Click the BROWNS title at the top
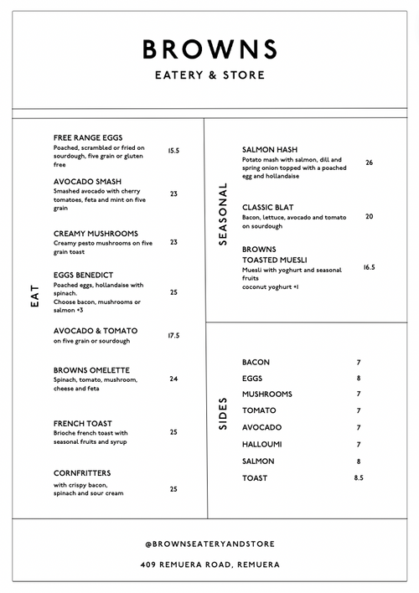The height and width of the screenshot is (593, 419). (x=209, y=49)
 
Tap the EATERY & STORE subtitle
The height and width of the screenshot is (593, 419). (x=209, y=75)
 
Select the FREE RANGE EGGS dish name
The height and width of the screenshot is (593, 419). (x=89, y=137)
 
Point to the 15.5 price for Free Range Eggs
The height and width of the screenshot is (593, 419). (x=173, y=151)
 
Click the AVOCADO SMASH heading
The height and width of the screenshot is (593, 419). (x=87, y=181)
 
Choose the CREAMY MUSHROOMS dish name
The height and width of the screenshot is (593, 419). (x=96, y=234)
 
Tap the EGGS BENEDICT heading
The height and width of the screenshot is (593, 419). (x=83, y=275)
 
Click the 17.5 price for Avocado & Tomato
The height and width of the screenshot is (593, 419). (x=173, y=335)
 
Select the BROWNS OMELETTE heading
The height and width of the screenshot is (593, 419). (x=91, y=370)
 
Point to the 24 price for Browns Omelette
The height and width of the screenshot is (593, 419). (x=173, y=379)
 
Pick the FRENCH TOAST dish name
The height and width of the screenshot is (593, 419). (x=82, y=424)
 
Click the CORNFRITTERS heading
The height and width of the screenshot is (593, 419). (x=82, y=473)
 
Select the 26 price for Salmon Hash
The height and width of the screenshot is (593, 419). (x=369, y=162)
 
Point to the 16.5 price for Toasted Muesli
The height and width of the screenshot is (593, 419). (x=369, y=267)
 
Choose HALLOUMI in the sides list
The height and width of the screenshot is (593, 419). (x=261, y=445)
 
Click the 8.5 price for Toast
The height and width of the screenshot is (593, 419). (x=359, y=477)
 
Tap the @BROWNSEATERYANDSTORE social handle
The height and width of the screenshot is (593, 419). (x=209, y=544)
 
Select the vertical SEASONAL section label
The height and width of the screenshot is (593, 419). (x=223, y=214)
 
